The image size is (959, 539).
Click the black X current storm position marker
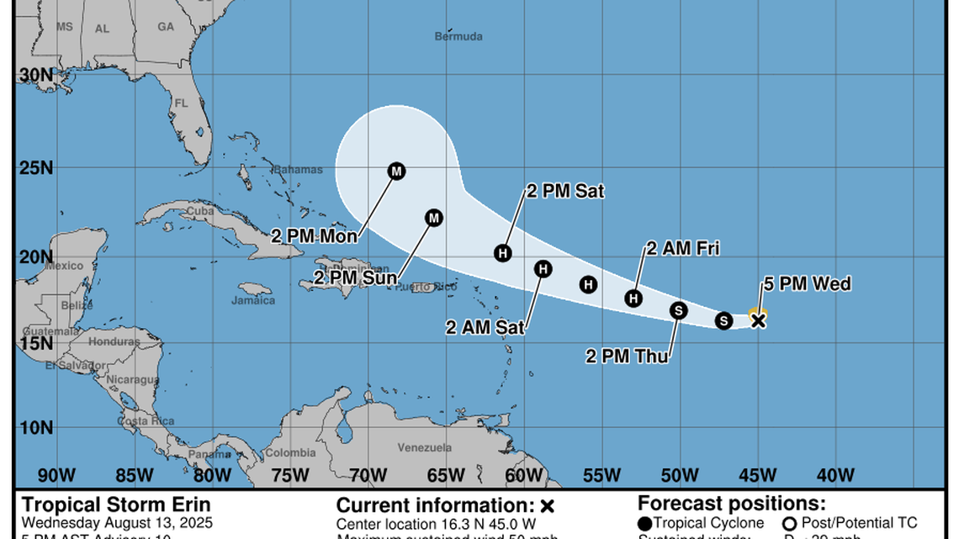click(x=758, y=320)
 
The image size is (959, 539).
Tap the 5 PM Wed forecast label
click(x=807, y=284)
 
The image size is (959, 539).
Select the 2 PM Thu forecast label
click(x=628, y=357)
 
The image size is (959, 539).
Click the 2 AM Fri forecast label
click(x=682, y=248)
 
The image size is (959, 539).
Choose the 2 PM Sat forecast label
click(x=565, y=192)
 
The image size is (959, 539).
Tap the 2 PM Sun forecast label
click(x=352, y=277)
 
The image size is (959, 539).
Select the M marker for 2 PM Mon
click(x=396, y=172)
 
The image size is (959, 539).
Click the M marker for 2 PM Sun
click(x=433, y=218)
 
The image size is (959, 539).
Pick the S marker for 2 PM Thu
click(x=679, y=310)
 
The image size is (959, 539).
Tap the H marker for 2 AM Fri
click(x=633, y=298)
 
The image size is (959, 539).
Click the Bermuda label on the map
click(x=458, y=36)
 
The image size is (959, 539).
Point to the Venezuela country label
click(x=425, y=448)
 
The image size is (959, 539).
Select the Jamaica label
click(x=253, y=300)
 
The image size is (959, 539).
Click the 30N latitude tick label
click(x=36, y=75)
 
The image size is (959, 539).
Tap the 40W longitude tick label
click(x=834, y=476)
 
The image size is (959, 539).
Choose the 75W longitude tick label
click(x=290, y=476)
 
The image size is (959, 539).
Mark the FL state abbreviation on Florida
click(x=180, y=104)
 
